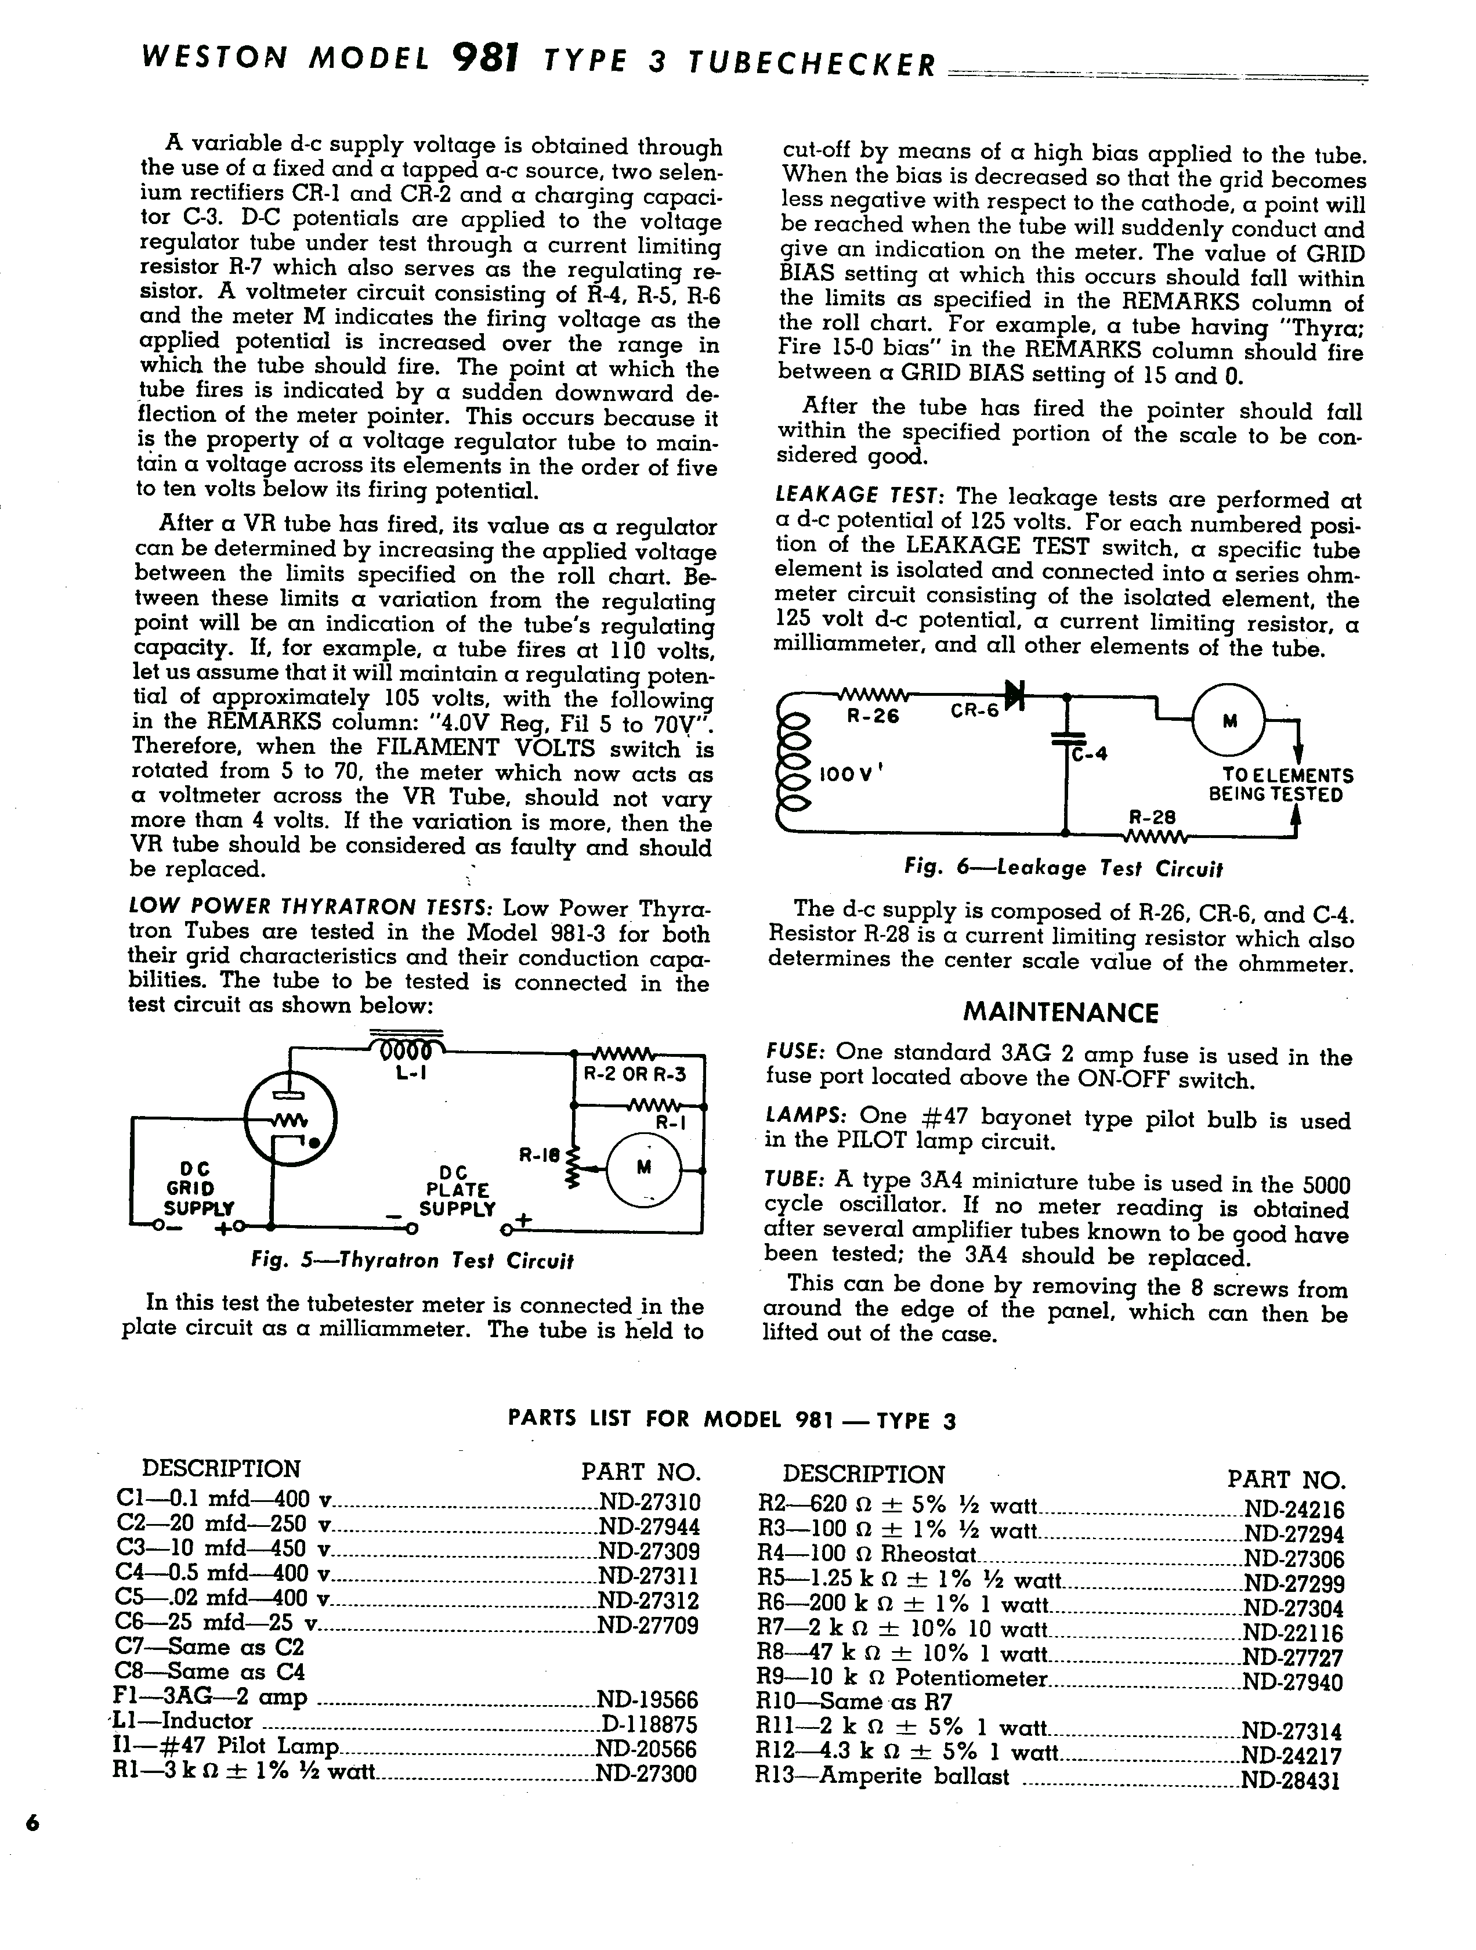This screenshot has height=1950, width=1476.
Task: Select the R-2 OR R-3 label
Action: tap(635, 1075)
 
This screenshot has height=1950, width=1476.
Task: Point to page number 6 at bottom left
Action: tap(32, 1823)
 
